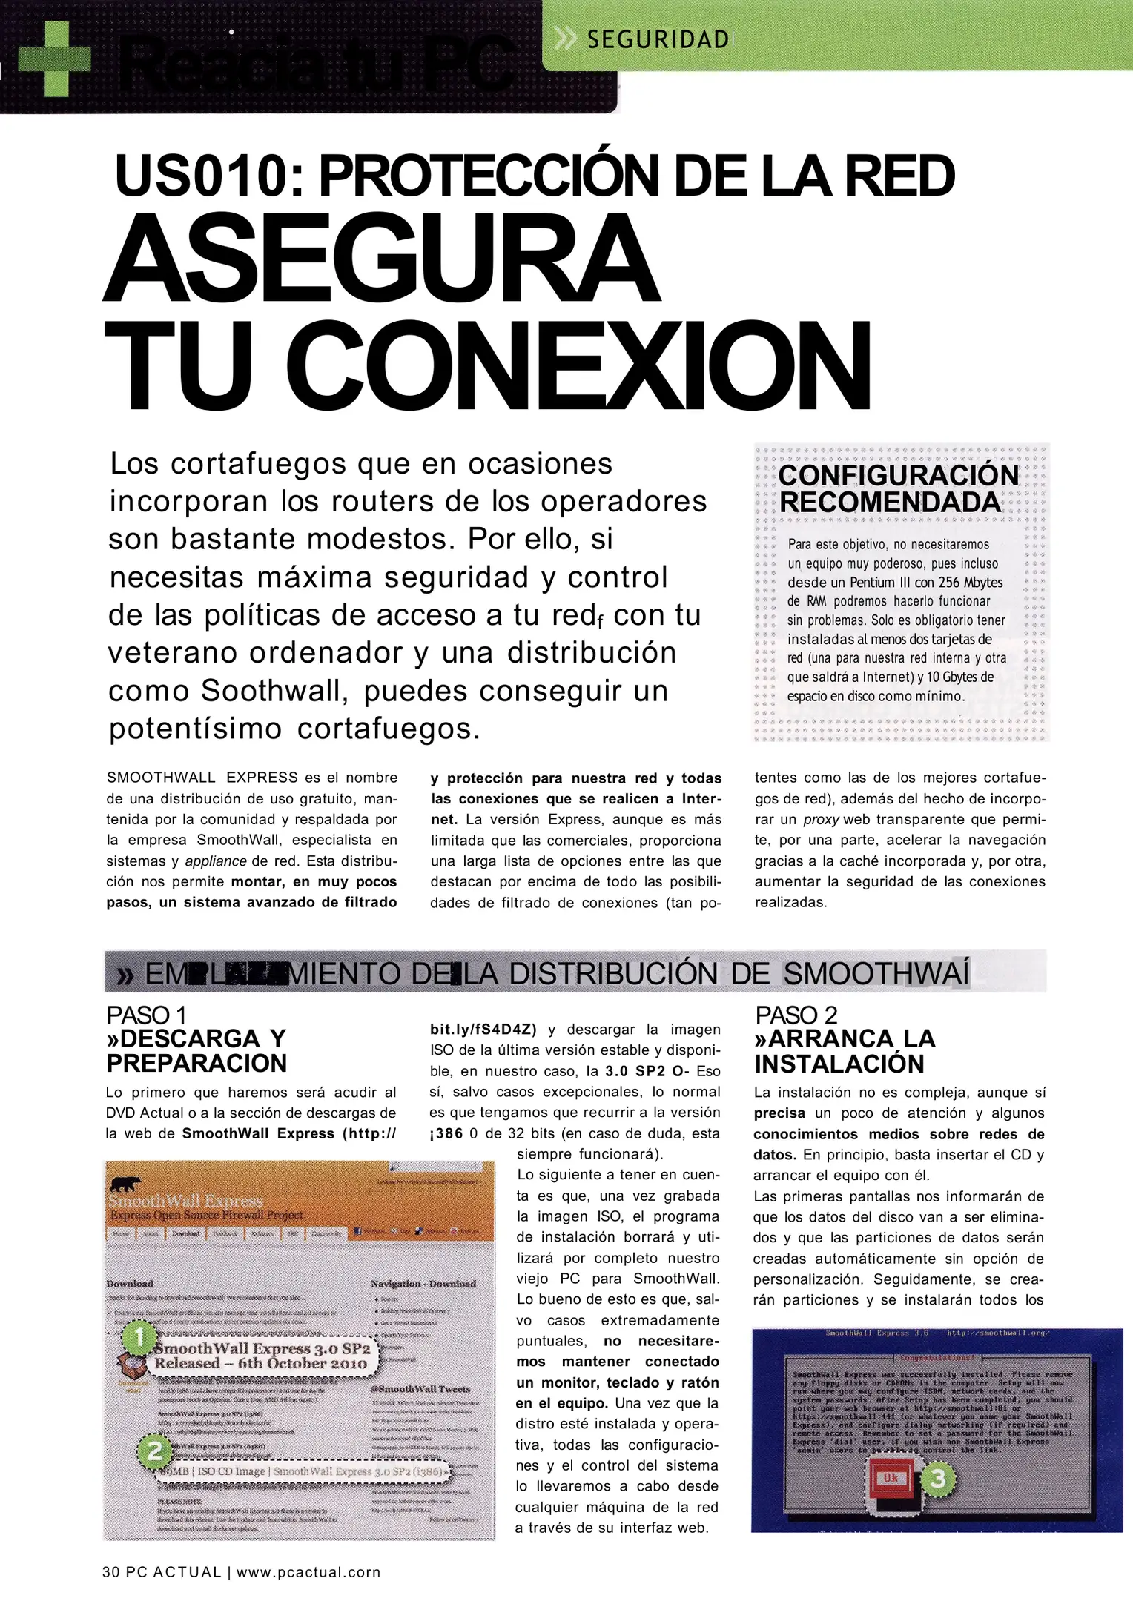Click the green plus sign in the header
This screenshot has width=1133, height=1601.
pyautogui.click(x=54, y=59)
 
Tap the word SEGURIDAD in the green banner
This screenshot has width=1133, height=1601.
pyautogui.click(x=658, y=39)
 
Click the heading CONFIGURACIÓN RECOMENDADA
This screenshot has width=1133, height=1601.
pyautogui.click(x=898, y=489)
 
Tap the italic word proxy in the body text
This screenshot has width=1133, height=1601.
pyautogui.click(x=820, y=820)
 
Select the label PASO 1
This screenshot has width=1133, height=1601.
pyautogui.click(x=146, y=1015)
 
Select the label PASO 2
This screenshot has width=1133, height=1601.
pyautogui.click(x=796, y=1015)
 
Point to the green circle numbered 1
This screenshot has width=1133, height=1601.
pyautogui.click(x=138, y=1338)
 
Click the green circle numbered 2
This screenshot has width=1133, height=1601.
pyautogui.click(x=154, y=1451)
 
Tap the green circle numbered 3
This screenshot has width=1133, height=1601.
pyautogui.click(x=937, y=1479)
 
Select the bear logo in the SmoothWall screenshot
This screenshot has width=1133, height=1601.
pyautogui.click(x=125, y=1184)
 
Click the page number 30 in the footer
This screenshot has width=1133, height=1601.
pyautogui.click(x=111, y=1572)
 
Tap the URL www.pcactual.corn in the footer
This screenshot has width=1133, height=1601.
pyautogui.click(x=308, y=1572)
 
